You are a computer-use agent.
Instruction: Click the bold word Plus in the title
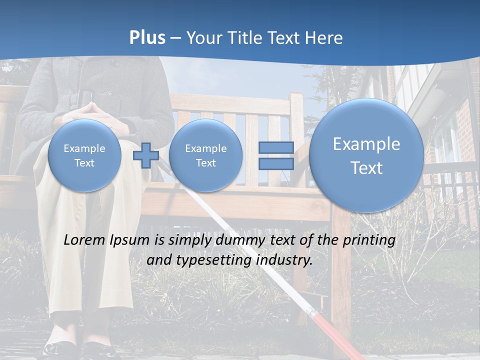[x=147, y=38]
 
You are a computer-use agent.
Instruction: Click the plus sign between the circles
[x=145, y=155]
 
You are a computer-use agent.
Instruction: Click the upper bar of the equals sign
[x=276, y=147]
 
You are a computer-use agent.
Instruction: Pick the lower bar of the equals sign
[x=276, y=164]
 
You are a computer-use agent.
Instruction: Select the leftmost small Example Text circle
[x=84, y=155]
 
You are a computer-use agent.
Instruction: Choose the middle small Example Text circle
[x=205, y=155]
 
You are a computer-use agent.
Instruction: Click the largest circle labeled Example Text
[x=366, y=155]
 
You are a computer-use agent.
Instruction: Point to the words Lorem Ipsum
[x=106, y=240]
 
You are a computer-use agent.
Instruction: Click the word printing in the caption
[x=369, y=240]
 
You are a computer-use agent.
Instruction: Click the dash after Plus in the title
[x=175, y=38]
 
